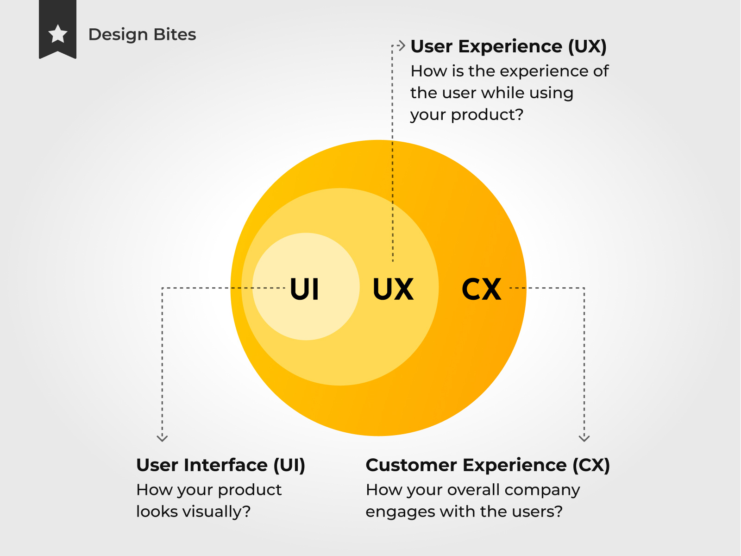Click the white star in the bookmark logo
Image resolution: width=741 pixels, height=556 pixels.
(x=58, y=34)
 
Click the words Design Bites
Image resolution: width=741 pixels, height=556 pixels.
(x=142, y=34)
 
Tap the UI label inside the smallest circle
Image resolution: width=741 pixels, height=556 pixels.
(x=304, y=289)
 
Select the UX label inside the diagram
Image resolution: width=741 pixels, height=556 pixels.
(x=393, y=289)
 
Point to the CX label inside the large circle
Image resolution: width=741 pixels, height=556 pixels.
(x=481, y=289)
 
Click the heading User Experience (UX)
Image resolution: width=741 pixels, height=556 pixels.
(x=509, y=46)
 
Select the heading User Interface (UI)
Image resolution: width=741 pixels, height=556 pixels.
(x=221, y=465)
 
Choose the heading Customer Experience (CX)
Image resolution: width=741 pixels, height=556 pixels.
(x=488, y=465)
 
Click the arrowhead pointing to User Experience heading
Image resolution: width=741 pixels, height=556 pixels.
(x=402, y=45)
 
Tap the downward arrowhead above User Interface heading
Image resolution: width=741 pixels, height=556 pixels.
(x=163, y=438)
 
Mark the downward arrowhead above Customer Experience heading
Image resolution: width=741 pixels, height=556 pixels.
(x=584, y=438)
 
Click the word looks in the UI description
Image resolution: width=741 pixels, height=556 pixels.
(x=157, y=512)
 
